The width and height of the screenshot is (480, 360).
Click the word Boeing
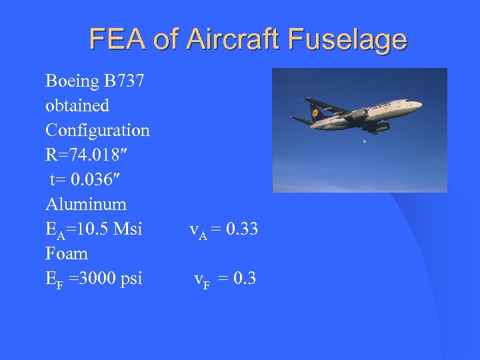(x=73, y=81)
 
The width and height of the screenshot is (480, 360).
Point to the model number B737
(x=126, y=81)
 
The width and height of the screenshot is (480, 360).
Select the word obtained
(x=77, y=105)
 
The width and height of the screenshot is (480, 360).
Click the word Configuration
(x=97, y=130)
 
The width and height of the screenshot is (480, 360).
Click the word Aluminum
(x=86, y=203)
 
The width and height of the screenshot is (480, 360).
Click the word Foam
(x=67, y=253)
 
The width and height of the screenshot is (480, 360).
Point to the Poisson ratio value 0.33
(x=242, y=229)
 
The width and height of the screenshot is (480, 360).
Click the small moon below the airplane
(x=364, y=141)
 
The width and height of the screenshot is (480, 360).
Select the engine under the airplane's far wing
(x=382, y=126)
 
